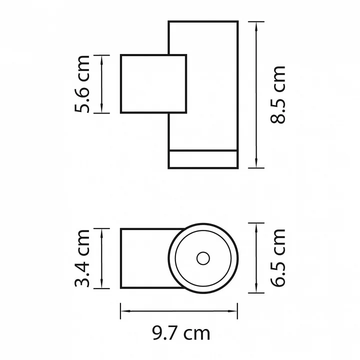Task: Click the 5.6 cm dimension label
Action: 82,84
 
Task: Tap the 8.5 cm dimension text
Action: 278,95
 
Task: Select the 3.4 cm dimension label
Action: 82,258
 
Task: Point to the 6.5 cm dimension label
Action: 278,258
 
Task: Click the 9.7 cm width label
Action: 181,333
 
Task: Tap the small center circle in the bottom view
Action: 203,258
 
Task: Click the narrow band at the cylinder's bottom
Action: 203,159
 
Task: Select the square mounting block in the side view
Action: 153,84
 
